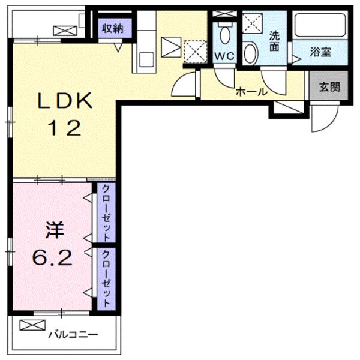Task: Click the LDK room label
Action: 65,100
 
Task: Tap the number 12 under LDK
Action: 65,128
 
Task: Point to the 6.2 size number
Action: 53,258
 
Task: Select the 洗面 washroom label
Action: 274,41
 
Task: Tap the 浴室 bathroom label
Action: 320,52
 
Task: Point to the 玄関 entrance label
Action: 329,86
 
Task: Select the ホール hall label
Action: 248,92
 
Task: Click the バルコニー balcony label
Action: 73,334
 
